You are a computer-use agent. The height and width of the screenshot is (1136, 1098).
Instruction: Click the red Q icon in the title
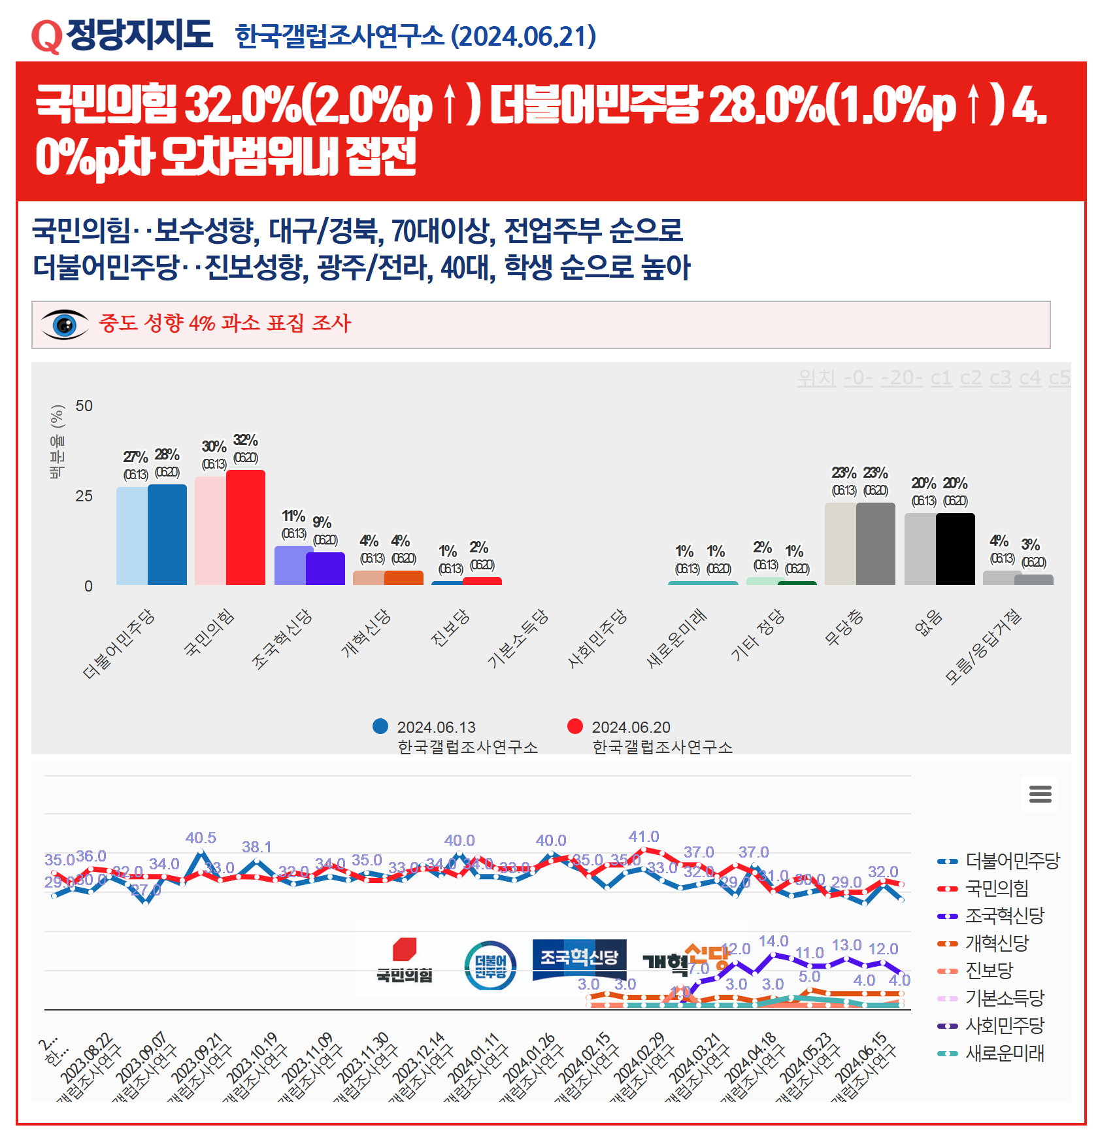[x=47, y=36]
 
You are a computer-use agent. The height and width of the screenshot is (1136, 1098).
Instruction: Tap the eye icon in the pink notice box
[x=65, y=325]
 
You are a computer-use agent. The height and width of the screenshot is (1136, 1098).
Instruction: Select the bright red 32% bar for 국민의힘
[x=246, y=527]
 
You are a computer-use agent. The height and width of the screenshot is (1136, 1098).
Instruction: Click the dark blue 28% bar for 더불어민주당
[x=167, y=535]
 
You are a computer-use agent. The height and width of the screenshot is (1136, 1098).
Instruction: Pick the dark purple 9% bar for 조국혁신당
[x=325, y=569]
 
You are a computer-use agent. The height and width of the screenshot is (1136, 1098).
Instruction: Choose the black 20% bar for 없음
[x=956, y=549]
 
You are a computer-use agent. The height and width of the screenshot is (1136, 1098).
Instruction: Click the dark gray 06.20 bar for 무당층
[x=876, y=544]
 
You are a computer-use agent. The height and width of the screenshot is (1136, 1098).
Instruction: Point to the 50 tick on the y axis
[x=84, y=406]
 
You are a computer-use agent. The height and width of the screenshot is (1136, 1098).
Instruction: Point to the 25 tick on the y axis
[x=84, y=496]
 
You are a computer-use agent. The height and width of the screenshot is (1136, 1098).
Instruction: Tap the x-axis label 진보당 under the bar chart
[x=451, y=628]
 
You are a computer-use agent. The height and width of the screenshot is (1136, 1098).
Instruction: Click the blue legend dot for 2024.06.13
[x=380, y=726]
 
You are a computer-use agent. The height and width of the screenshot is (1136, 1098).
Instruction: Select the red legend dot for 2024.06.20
[x=575, y=726]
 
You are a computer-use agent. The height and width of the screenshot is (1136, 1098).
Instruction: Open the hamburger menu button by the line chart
[x=1040, y=794]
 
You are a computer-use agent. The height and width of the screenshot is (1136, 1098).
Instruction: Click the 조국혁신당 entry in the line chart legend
[x=1005, y=916]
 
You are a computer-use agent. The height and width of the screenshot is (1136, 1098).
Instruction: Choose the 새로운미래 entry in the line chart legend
[x=1005, y=1053]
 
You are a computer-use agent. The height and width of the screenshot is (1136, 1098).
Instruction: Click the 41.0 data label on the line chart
[x=644, y=837]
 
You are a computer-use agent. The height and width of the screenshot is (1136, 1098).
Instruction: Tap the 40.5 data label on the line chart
[x=201, y=838]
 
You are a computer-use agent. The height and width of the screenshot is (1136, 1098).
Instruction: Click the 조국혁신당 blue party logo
[x=579, y=959]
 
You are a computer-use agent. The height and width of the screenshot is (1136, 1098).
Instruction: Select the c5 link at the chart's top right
[x=1059, y=378]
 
